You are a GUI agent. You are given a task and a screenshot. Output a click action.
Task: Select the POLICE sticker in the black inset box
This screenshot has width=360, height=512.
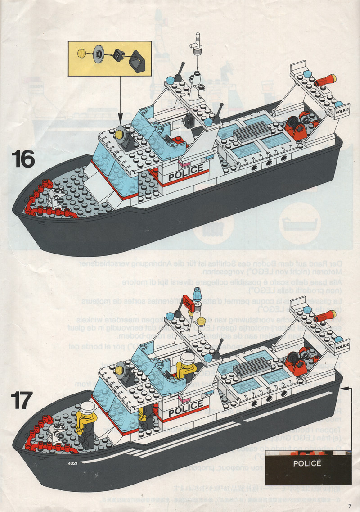tap(307, 463)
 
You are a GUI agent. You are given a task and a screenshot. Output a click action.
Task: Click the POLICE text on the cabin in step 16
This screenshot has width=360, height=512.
tap(185, 172)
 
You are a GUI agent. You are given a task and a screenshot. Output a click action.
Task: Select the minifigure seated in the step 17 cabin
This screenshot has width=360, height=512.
tap(185, 366)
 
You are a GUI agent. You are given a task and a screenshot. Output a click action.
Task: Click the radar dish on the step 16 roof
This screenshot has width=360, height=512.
tap(122, 134)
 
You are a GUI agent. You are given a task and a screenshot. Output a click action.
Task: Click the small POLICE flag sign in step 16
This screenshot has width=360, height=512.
tap(342, 110)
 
